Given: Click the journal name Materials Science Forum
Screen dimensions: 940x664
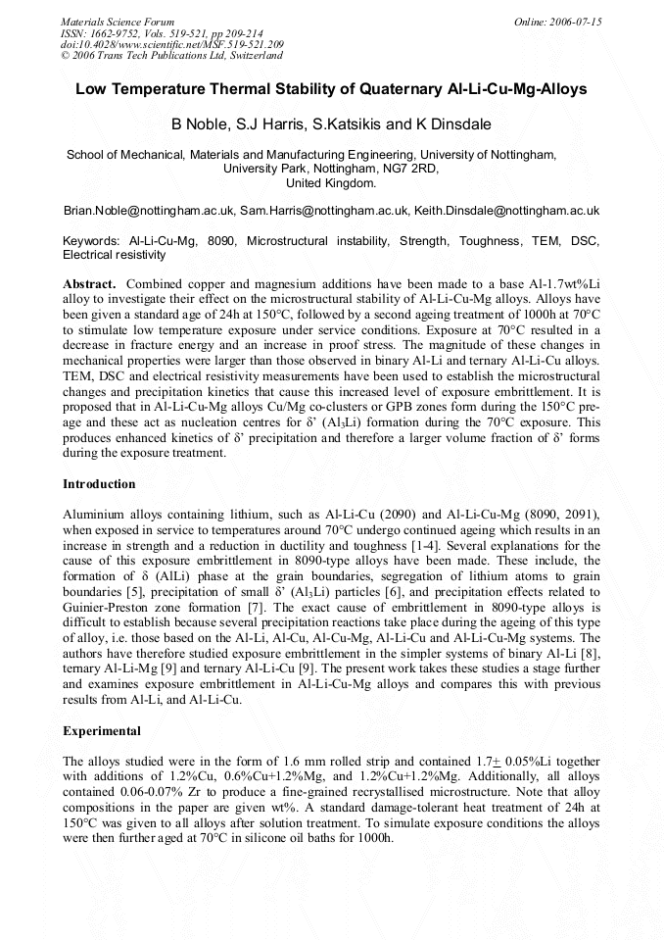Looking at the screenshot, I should [118, 22].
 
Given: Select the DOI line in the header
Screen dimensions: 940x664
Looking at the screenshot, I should [172, 45].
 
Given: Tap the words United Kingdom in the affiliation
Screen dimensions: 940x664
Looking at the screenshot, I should [331, 183].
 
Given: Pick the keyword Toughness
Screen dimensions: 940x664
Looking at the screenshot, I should [496, 240].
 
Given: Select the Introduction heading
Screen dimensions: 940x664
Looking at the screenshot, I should [99, 484].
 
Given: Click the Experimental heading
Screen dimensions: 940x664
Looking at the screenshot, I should [102, 731].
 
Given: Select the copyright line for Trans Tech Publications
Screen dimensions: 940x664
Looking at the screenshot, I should [171, 56].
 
